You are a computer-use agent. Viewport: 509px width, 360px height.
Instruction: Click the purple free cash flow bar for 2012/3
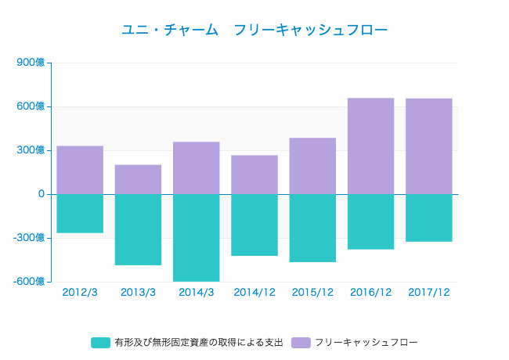coord(80,170)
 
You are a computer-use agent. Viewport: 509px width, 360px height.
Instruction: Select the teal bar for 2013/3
coord(138,229)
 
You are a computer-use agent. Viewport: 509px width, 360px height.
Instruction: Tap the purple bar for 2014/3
coord(196,167)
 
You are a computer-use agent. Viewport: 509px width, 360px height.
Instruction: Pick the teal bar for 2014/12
coord(254,225)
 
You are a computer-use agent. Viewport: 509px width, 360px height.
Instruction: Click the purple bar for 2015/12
coord(312,166)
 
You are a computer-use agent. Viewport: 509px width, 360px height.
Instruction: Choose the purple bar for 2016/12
coord(370,146)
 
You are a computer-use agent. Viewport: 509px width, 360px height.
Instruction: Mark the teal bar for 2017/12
coord(429,218)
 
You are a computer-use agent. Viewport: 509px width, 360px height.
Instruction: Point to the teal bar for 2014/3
coord(196,237)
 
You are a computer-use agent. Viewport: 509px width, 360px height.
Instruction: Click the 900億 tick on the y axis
coord(31,63)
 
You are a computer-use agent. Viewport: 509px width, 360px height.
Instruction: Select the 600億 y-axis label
coord(31,106)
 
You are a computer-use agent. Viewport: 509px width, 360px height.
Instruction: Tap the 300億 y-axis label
coord(31,150)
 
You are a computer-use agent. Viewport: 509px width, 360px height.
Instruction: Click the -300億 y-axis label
coord(30,238)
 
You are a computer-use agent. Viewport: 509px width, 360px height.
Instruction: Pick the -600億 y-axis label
coord(30,282)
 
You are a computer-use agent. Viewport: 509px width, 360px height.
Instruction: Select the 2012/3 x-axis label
coord(80,293)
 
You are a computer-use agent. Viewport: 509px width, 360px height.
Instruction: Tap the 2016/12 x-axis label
coord(370,293)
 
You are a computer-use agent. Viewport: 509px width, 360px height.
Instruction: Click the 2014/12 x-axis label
coord(254,293)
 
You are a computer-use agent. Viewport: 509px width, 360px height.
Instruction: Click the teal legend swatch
coord(100,343)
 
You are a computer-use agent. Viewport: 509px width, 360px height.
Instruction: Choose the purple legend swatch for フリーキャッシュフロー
coord(301,343)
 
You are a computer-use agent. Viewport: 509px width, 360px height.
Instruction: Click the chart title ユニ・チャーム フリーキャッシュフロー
coord(254,30)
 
